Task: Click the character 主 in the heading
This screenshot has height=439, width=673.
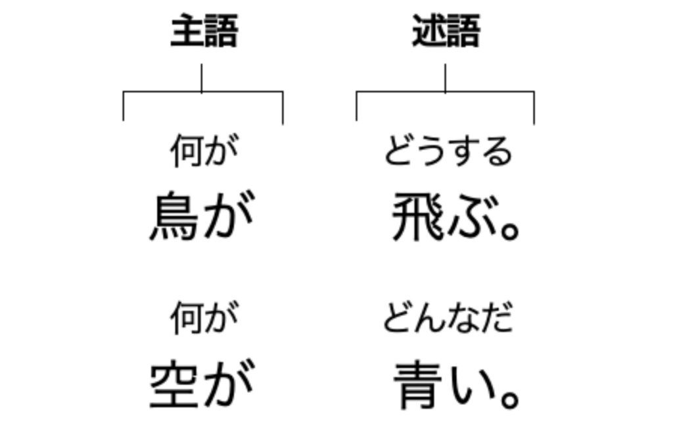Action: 186,32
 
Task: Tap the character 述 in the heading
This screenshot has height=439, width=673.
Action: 429,32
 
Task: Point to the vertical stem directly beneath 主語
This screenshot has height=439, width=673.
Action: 202,78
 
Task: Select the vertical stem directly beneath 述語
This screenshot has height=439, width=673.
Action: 445,78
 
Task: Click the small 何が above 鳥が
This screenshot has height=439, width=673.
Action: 203,151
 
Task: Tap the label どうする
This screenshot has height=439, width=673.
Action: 448,152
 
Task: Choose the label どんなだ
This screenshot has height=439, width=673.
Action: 448,318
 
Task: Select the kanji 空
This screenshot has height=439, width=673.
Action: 174,385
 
